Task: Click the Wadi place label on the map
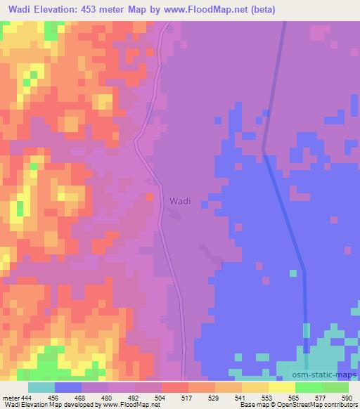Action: point(179,201)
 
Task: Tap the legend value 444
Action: point(24,398)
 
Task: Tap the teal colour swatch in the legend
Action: point(41,387)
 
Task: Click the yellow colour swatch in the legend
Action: point(281,387)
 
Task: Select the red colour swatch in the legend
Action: point(175,387)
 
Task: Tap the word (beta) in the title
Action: point(261,10)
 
